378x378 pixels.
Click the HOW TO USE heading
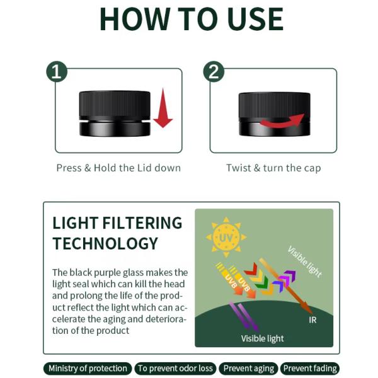tap(192, 20)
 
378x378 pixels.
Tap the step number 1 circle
tap(57, 72)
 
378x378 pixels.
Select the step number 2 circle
tap(214, 72)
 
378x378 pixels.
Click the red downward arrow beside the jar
tap(163, 108)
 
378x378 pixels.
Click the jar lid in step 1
tap(115, 104)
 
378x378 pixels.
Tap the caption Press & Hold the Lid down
tap(118, 168)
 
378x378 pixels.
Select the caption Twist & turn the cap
tap(273, 168)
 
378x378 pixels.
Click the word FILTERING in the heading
tap(142, 223)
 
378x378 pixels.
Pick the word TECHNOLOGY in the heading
tap(105, 243)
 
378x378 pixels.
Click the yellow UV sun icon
tap(226, 238)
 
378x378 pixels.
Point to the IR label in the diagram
tap(312, 320)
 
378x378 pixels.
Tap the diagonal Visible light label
tap(305, 261)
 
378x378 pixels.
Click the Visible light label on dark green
tap(262, 338)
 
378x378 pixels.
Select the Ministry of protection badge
tap(88, 369)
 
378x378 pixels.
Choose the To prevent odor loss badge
tap(175, 369)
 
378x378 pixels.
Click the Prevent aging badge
tap(249, 369)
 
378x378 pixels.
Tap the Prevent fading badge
tap(310, 369)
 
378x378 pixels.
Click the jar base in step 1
tap(115, 129)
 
